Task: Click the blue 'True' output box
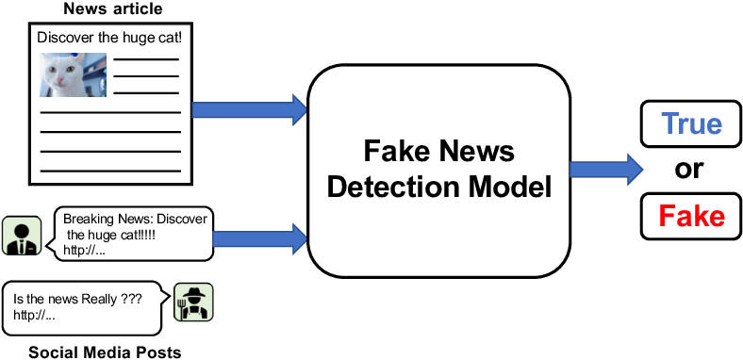point(690,124)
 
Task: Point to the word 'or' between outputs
point(691,171)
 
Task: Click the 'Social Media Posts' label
point(104,352)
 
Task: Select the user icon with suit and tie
point(20,236)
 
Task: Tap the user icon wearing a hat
point(193,303)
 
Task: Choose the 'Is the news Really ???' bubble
point(79,306)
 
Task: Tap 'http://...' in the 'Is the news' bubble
point(35,316)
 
